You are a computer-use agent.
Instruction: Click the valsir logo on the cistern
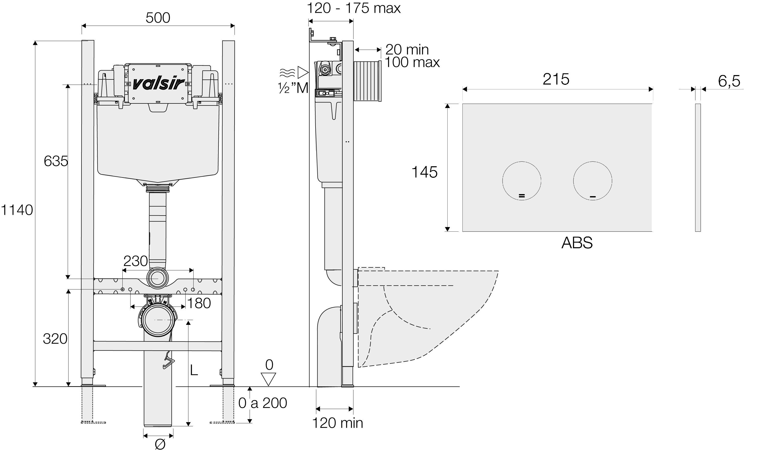coord(158,83)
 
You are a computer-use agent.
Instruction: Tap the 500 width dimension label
coord(158,18)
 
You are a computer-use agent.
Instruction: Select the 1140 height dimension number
coord(17,210)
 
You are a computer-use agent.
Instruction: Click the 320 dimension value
coord(55,339)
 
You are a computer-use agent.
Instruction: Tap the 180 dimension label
coord(199,303)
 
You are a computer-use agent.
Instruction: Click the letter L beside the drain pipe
coord(194,370)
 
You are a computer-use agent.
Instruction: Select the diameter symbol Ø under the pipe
coord(160,444)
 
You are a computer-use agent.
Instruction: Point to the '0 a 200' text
coord(262,403)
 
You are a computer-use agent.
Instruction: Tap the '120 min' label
coord(337,423)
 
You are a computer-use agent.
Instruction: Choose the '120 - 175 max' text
coord(353,8)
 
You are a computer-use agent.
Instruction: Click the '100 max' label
coord(412,63)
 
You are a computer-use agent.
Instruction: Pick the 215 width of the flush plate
coord(556,79)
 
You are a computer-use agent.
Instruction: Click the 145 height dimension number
coord(424,172)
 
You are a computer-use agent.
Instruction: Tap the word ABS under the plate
coord(577,243)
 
